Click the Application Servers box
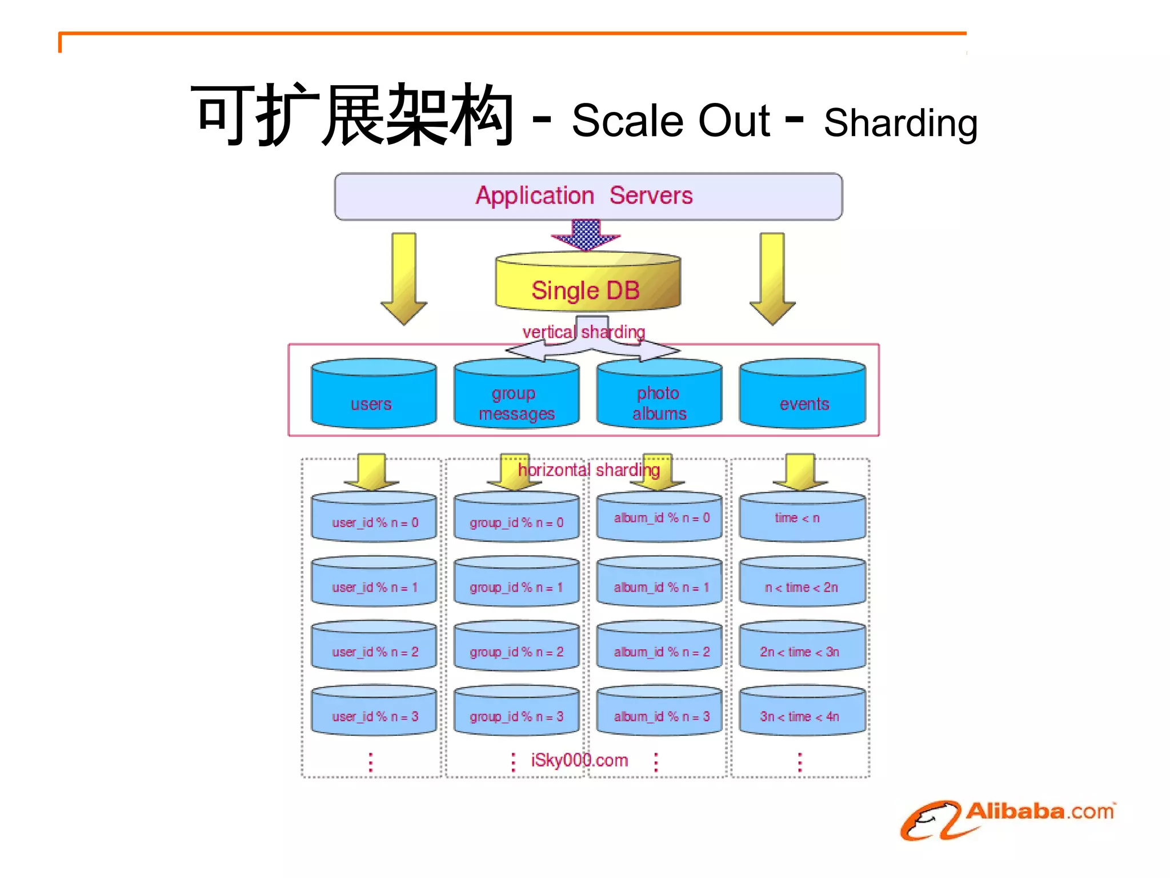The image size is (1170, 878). click(x=588, y=196)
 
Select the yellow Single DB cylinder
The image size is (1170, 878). click(x=587, y=283)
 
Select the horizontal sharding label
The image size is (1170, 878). click(x=588, y=470)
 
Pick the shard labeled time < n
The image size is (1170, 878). click(x=802, y=517)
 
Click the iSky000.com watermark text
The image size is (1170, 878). click(x=579, y=760)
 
